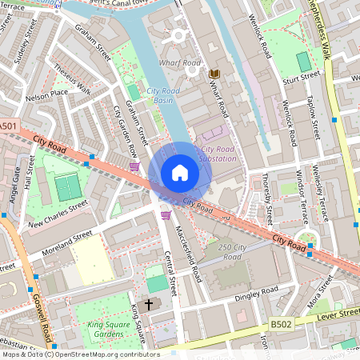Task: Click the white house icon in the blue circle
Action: (x=180, y=173)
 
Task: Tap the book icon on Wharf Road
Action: (x=214, y=74)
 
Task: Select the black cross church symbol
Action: (x=148, y=304)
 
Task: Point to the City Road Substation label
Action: (x=218, y=154)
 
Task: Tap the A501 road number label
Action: (x=7, y=126)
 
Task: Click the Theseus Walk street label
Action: (x=73, y=78)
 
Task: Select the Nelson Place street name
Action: (x=46, y=94)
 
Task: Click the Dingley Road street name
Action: (x=256, y=293)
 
